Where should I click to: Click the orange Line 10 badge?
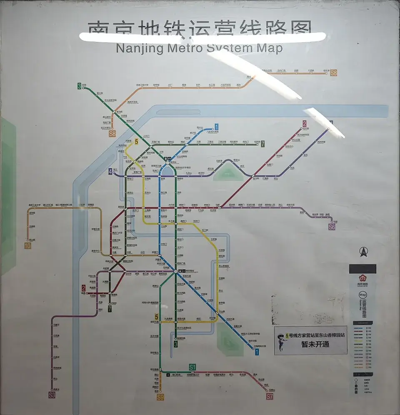pos(27,246)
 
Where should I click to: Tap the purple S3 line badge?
pos(52,395)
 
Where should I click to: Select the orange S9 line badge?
pos(160,397)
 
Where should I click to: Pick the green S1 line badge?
pos(192,367)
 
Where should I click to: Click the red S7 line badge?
pos(270,397)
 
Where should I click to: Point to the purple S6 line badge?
pos(332,227)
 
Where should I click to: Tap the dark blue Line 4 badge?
pos(110,171)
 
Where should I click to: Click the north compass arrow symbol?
pos(362,251)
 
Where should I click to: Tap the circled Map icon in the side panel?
pos(362,295)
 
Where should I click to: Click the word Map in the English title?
pos(269,48)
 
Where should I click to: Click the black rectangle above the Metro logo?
pos(362,269)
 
